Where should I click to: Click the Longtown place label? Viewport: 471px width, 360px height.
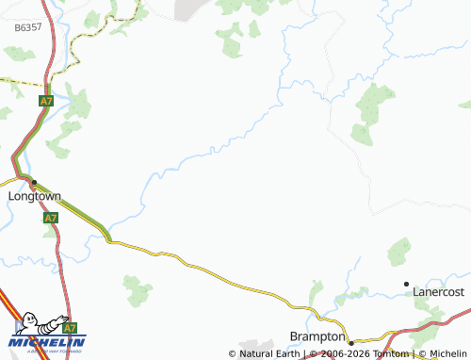pos(34,196)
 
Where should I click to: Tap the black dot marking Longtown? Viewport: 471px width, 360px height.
pos(34,181)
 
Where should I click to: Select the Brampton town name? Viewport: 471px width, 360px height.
pos(315,337)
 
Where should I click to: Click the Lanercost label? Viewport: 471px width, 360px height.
pos(440,293)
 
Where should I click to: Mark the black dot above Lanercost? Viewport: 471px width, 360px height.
pos(407,283)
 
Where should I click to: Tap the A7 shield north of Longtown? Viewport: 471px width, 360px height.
pos(46,100)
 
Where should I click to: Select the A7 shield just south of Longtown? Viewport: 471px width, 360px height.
pos(51,218)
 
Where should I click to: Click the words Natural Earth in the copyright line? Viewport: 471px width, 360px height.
pos(270,354)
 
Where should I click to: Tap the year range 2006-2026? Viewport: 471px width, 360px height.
pos(341,354)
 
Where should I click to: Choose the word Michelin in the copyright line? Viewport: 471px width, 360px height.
pos(447,354)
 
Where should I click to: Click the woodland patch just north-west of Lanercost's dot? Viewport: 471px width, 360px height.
pos(399,253)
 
